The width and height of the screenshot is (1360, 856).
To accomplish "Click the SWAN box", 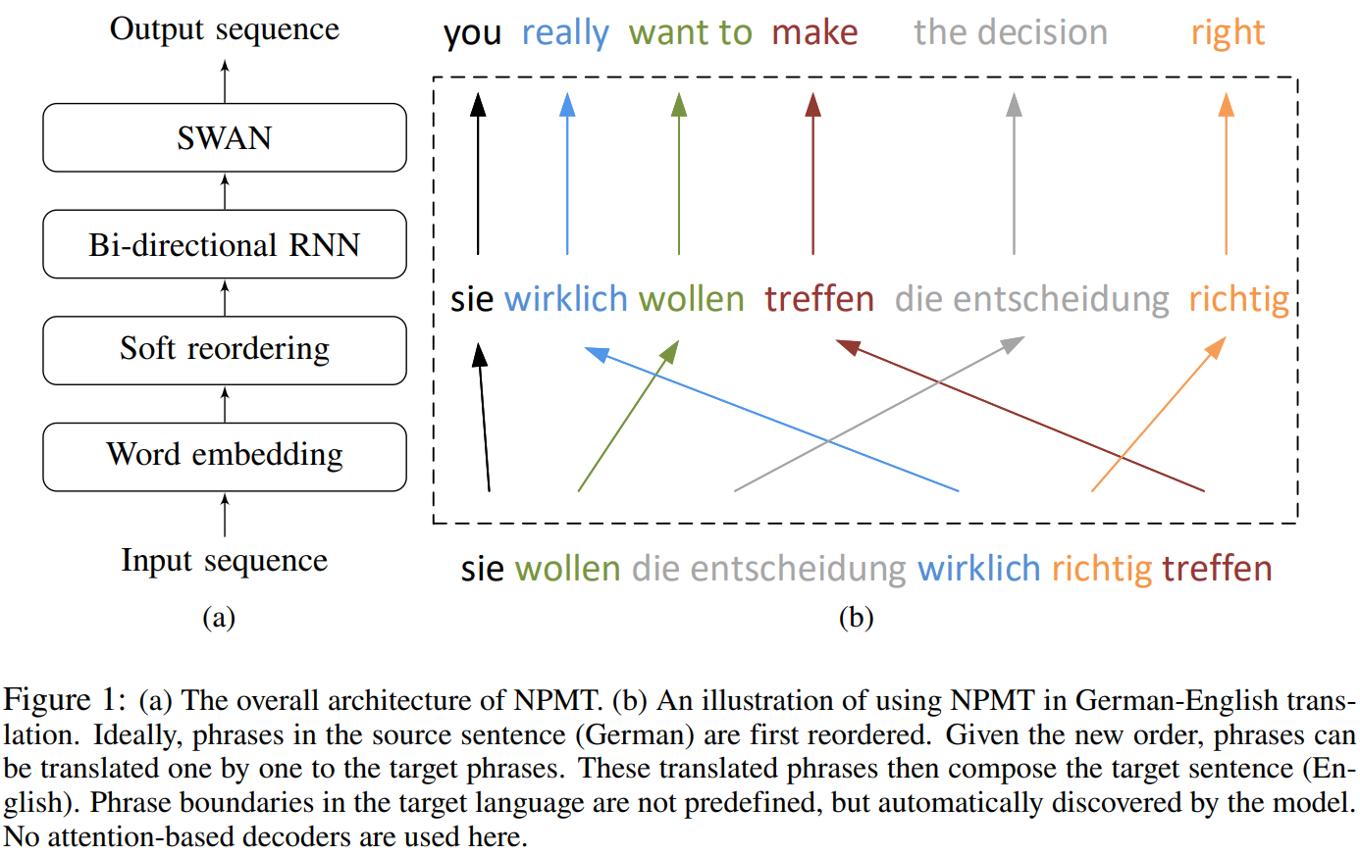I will [x=224, y=137].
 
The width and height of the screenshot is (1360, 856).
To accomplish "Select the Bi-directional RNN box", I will [x=224, y=244].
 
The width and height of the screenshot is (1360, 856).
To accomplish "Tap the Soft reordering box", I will [x=224, y=349].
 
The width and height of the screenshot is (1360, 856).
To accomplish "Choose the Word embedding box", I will [x=224, y=456].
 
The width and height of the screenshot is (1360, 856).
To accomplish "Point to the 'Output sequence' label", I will [x=224, y=29].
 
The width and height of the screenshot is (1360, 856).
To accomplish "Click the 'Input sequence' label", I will [x=224, y=560].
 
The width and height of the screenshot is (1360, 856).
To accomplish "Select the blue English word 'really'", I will [x=565, y=33].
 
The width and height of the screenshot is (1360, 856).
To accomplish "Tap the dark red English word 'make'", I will [x=814, y=33].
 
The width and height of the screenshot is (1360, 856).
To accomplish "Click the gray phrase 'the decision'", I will [x=1011, y=33].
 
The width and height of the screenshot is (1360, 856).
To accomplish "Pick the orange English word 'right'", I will [x=1228, y=33].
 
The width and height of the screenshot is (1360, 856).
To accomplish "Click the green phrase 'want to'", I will [x=690, y=33].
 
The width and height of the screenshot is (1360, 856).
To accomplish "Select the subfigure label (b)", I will [x=856, y=617].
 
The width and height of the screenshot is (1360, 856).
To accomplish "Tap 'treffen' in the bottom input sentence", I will [x=1217, y=569].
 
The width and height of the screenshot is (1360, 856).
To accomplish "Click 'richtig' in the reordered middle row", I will [x=1238, y=299].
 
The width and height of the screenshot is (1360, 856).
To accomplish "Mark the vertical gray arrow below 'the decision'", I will [x=1014, y=176].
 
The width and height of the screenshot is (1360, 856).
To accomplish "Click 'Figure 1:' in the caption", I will [x=65, y=700].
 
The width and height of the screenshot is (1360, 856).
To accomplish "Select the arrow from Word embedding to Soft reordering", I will [x=225, y=404].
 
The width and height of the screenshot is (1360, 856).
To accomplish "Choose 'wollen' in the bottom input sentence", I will [x=567, y=569].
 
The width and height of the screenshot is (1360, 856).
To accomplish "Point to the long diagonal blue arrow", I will [x=771, y=419].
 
